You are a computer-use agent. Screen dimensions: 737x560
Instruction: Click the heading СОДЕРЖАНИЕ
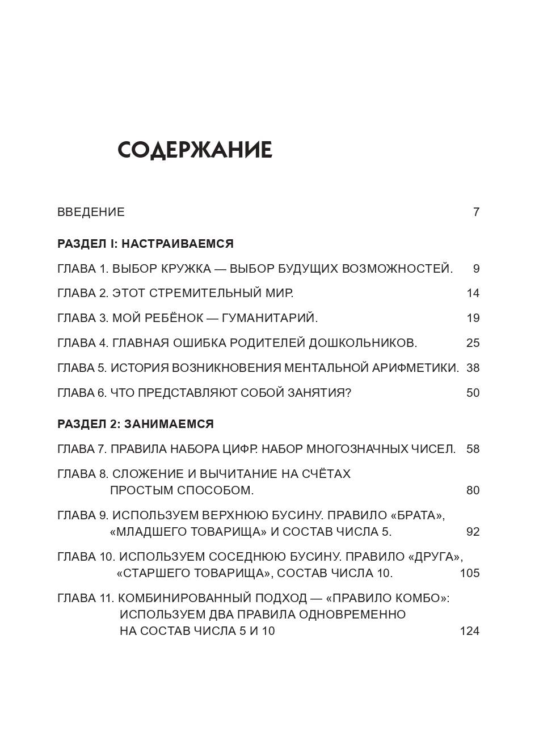point(195,150)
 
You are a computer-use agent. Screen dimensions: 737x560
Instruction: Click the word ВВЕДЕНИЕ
point(91,212)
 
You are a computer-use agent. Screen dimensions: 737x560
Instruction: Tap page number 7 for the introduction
point(476,212)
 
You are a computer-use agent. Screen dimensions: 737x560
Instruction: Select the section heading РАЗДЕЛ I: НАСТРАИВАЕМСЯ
point(145,244)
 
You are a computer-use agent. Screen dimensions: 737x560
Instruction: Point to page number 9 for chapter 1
point(476,269)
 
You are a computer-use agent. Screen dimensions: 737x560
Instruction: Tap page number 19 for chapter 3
point(473,318)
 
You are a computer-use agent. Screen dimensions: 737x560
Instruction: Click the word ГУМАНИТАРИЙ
point(270,318)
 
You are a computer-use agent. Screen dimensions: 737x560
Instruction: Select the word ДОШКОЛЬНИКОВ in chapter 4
point(363,343)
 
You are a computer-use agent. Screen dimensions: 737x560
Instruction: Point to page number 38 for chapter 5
point(473,368)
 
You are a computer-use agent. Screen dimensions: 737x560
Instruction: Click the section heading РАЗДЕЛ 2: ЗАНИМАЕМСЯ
point(136,424)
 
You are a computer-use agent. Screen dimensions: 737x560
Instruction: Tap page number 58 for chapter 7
point(473,449)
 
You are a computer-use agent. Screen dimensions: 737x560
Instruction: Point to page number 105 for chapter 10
point(470,573)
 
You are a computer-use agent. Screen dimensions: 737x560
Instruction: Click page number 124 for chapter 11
point(470,631)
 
